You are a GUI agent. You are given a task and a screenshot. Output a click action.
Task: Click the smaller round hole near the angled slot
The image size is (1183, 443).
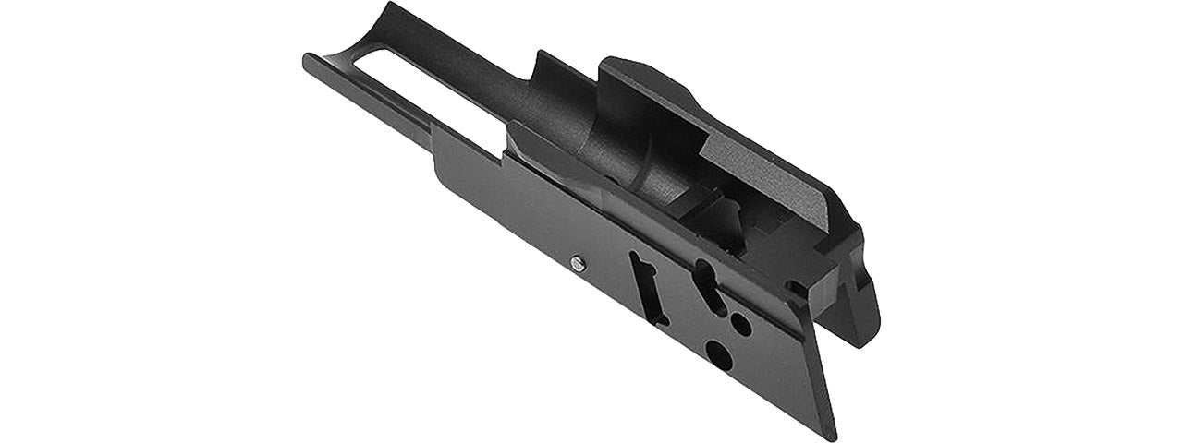[x=740, y=323]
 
